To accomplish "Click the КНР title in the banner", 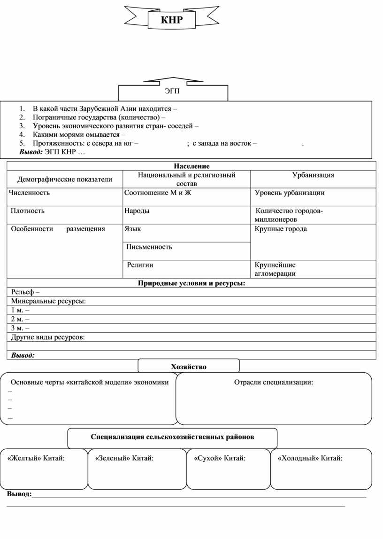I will [x=171, y=20].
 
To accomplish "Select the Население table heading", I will [x=191, y=166].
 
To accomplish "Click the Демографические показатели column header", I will [x=65, y=179].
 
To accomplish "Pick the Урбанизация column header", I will [x=313, y=175].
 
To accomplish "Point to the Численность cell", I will [x=29, y=193].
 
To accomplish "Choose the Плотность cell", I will [x=28, y=211].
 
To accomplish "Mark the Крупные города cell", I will [x=281, y=229].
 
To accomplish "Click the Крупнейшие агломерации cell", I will [x=275, y=269].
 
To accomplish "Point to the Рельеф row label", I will [x=25, y=292].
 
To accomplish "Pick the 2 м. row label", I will [x=20, y=319].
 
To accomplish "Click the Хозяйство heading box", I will [x=189, y=367].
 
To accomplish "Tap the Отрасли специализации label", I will [x=273, y=382].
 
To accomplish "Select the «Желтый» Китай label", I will [x=36, y=458].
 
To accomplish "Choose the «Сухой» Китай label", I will [x=220, y=458].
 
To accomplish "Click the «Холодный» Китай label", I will [x=310, y=458].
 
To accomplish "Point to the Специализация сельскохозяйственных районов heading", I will [x=172, y=437].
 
